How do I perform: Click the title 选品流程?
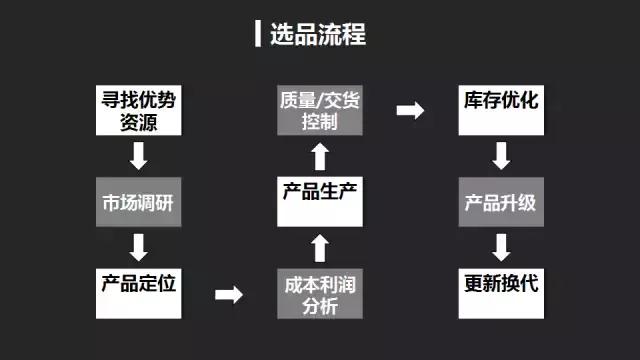[317, 35]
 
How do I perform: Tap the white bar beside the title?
[258, 34]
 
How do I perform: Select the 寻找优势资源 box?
[139, 112]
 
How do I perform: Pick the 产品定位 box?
[139, 283]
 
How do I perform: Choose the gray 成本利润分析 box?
[320, 294]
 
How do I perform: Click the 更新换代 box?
[501, 283]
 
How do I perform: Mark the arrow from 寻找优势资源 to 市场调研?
[139, 156]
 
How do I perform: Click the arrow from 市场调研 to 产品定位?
[139, 245]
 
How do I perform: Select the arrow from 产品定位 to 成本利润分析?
[230, 294]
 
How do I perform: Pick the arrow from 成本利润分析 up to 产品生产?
[320, 246]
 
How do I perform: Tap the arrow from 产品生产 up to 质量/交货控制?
[320, 156]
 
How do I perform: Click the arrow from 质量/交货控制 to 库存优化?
[410, 110]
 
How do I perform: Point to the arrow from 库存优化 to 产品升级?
[501, 155]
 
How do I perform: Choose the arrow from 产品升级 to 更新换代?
[501, 245]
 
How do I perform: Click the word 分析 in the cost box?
[320, 306]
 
